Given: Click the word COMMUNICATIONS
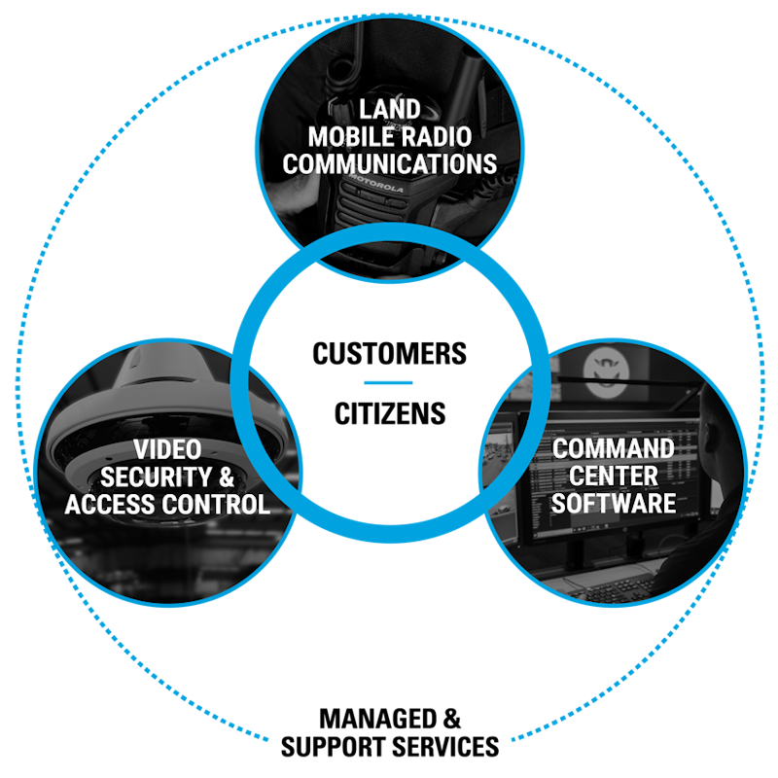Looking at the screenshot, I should coord(390,162).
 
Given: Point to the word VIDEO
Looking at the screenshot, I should coord(167,450).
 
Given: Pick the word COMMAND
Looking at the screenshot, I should coord(613,449).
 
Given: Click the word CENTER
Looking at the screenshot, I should coord(613,477).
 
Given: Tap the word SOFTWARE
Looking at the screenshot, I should coord(613,504).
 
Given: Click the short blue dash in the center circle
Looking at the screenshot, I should coord(388,382).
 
